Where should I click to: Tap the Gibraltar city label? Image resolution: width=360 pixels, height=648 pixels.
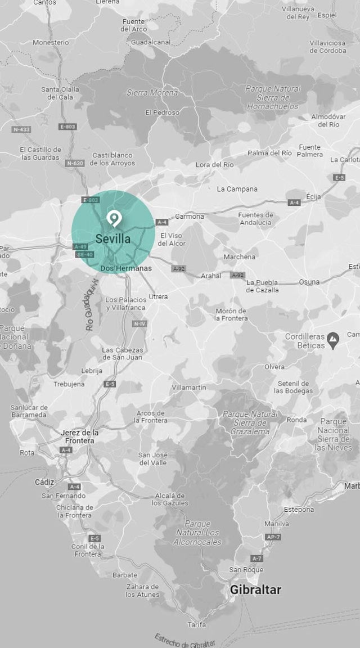tap(255, 589)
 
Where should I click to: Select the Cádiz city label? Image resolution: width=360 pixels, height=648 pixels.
tap(44, 482)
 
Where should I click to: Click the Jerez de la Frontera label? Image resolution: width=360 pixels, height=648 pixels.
tap(79, 436)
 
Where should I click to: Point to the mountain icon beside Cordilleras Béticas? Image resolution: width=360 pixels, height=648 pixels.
tap(334, 340)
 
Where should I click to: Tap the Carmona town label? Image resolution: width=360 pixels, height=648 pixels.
tap(190, 216)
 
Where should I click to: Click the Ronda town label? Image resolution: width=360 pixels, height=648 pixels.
tap(296, 420)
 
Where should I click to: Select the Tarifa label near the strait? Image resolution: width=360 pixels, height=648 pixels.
tap(197, 624)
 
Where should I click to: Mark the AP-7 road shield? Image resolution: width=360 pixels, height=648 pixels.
tap(273, 537)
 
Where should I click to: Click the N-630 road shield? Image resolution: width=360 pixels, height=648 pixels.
tap(75, 163)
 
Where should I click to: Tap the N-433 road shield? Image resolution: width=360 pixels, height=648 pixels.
tap(21, 129)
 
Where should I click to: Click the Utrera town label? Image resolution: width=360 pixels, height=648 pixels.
tap(158, 296)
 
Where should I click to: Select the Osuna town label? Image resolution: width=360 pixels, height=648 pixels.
tap(309, 282)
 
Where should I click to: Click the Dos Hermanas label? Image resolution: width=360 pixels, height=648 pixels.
tap(126, 268)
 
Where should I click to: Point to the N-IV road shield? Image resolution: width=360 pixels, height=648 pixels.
tap(139, 324)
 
